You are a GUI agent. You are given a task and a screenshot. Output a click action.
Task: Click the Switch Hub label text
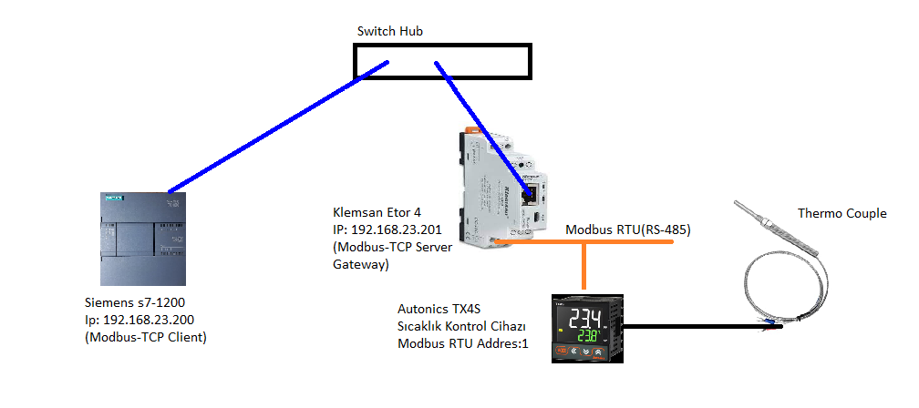pyautogui.click(x=389, y=32)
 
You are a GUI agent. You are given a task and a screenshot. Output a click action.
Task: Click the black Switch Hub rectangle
pyautogui.click(x=441, y=62)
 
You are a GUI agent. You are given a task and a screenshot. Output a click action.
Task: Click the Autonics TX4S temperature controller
pyautogui.click(x=588, y=328)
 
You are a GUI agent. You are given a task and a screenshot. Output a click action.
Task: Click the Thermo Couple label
pyautogui.click(x=842, y=213)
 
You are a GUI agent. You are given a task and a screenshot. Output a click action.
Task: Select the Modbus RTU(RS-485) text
pyautogui.click(x=628, y=230)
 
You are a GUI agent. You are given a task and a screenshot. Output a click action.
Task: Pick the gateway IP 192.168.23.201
pyautogui.click(x=394, y=231)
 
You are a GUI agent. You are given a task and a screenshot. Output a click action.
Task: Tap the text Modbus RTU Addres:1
pyautogui.click(x=460, y=343)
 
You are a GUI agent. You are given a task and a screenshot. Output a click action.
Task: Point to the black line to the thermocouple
pyautogui.click(x=693, y=328)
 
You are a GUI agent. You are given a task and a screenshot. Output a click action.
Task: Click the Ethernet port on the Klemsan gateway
pyautogui.click(x=529, y=190)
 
